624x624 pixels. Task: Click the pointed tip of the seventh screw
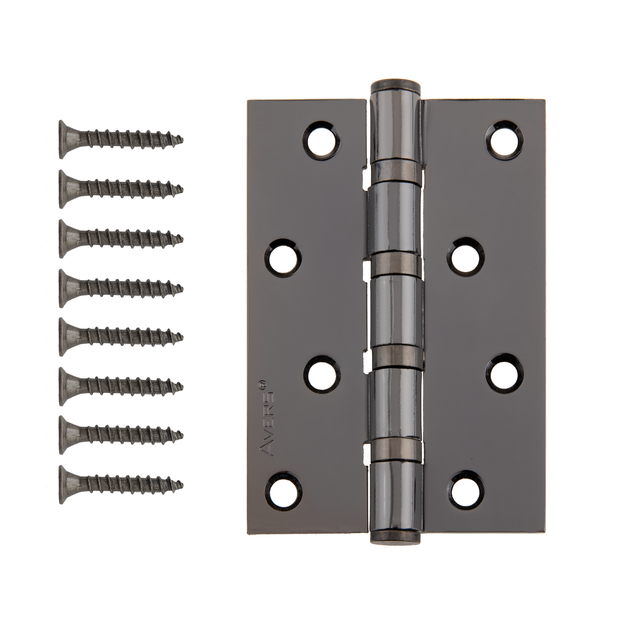click(x=183, y=435)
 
